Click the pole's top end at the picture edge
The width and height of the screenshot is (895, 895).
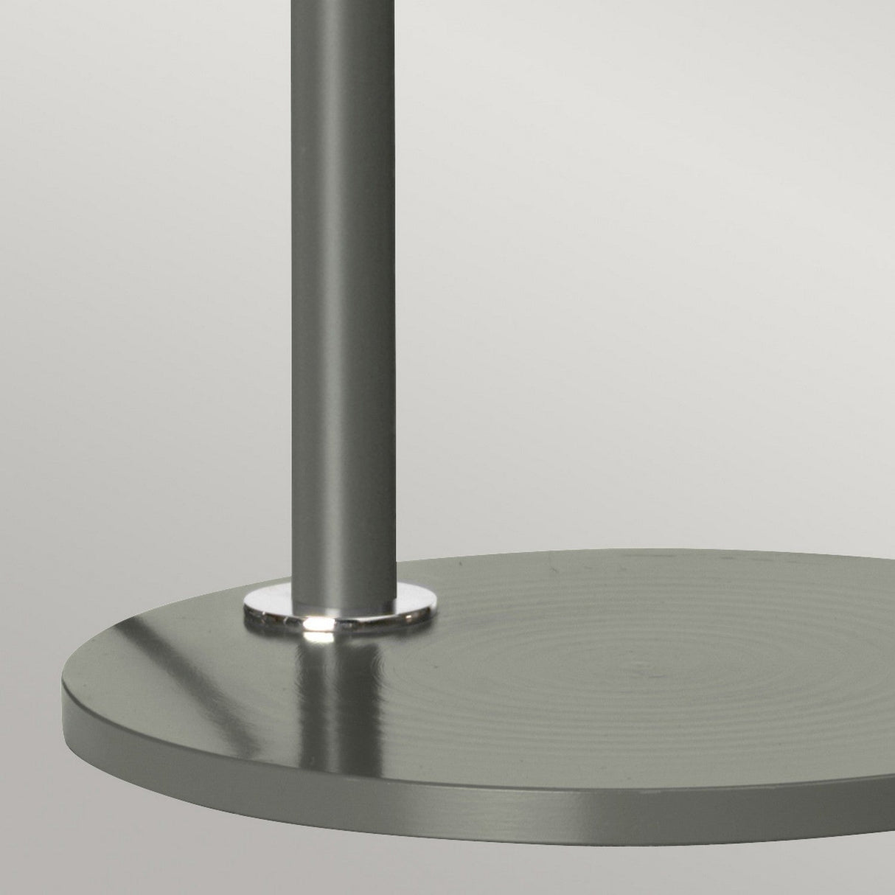pyautogui.click(x=344, y=3)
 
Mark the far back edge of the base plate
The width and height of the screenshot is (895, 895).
pyautogui.click(x=664, y=559)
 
